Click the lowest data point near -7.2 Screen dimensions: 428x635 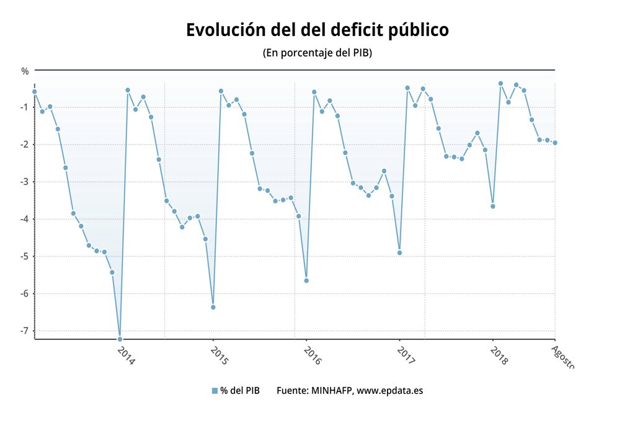pyautogui.click(x=120, y=339)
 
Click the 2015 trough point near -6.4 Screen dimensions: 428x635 pyautogui.click(x=213, y=307)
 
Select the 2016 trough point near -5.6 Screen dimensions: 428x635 pyautogui.click(x=306, y=280)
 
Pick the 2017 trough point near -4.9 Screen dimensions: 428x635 pyautogui.click(x=399, y=252)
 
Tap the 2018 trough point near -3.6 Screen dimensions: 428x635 pyautogui.click(x=493, y=206)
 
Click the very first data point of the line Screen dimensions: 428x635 pyautogui.click(x=35, y=92)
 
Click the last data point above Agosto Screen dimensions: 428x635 pyautogui.click(x=555, y=143)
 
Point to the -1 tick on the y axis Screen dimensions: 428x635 pyautogui.click(x=24, y=107)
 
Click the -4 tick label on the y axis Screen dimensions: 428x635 pyautogui.click(x=24, y=219)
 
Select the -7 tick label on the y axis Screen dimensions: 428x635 pyautogui.click(x=24, y=331)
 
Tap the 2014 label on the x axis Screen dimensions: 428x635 pyautogui.click(x=126, y=355)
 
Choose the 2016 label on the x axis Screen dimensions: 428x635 pyautogui.click(x=313, y=355)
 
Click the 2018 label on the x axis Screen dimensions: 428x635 pyautogui.click(x=499, y=355)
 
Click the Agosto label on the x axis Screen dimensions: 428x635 pyautogui.click(x=562, y=358)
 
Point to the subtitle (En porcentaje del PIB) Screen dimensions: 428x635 pyautogui.click(x=317, y=53)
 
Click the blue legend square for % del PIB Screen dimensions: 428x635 pyautogui.click(x=215, y=391)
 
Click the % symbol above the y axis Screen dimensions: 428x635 pyautogui.click(x=25, y=71)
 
